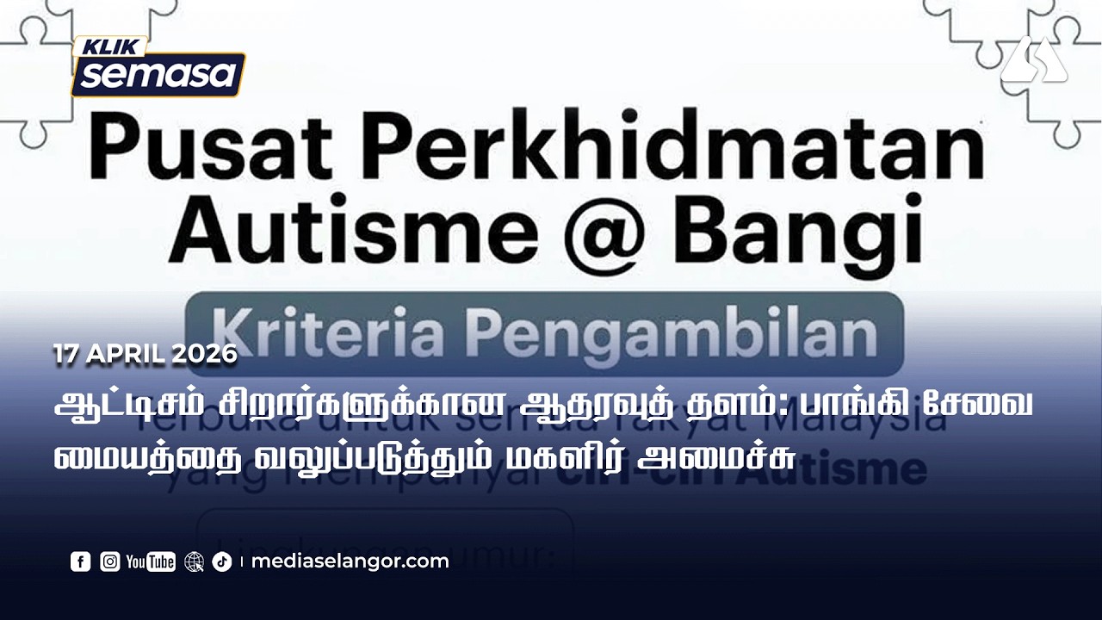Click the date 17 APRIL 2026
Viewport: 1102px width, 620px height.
point(145,354)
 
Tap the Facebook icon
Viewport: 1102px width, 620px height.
point(80,562)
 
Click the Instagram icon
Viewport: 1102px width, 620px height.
point(110,562)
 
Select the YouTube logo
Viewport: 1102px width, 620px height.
point(151,562)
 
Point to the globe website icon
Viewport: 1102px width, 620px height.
point(195,562)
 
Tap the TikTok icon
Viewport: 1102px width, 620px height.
point(222,562)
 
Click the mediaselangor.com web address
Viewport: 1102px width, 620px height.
point(350,562)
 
